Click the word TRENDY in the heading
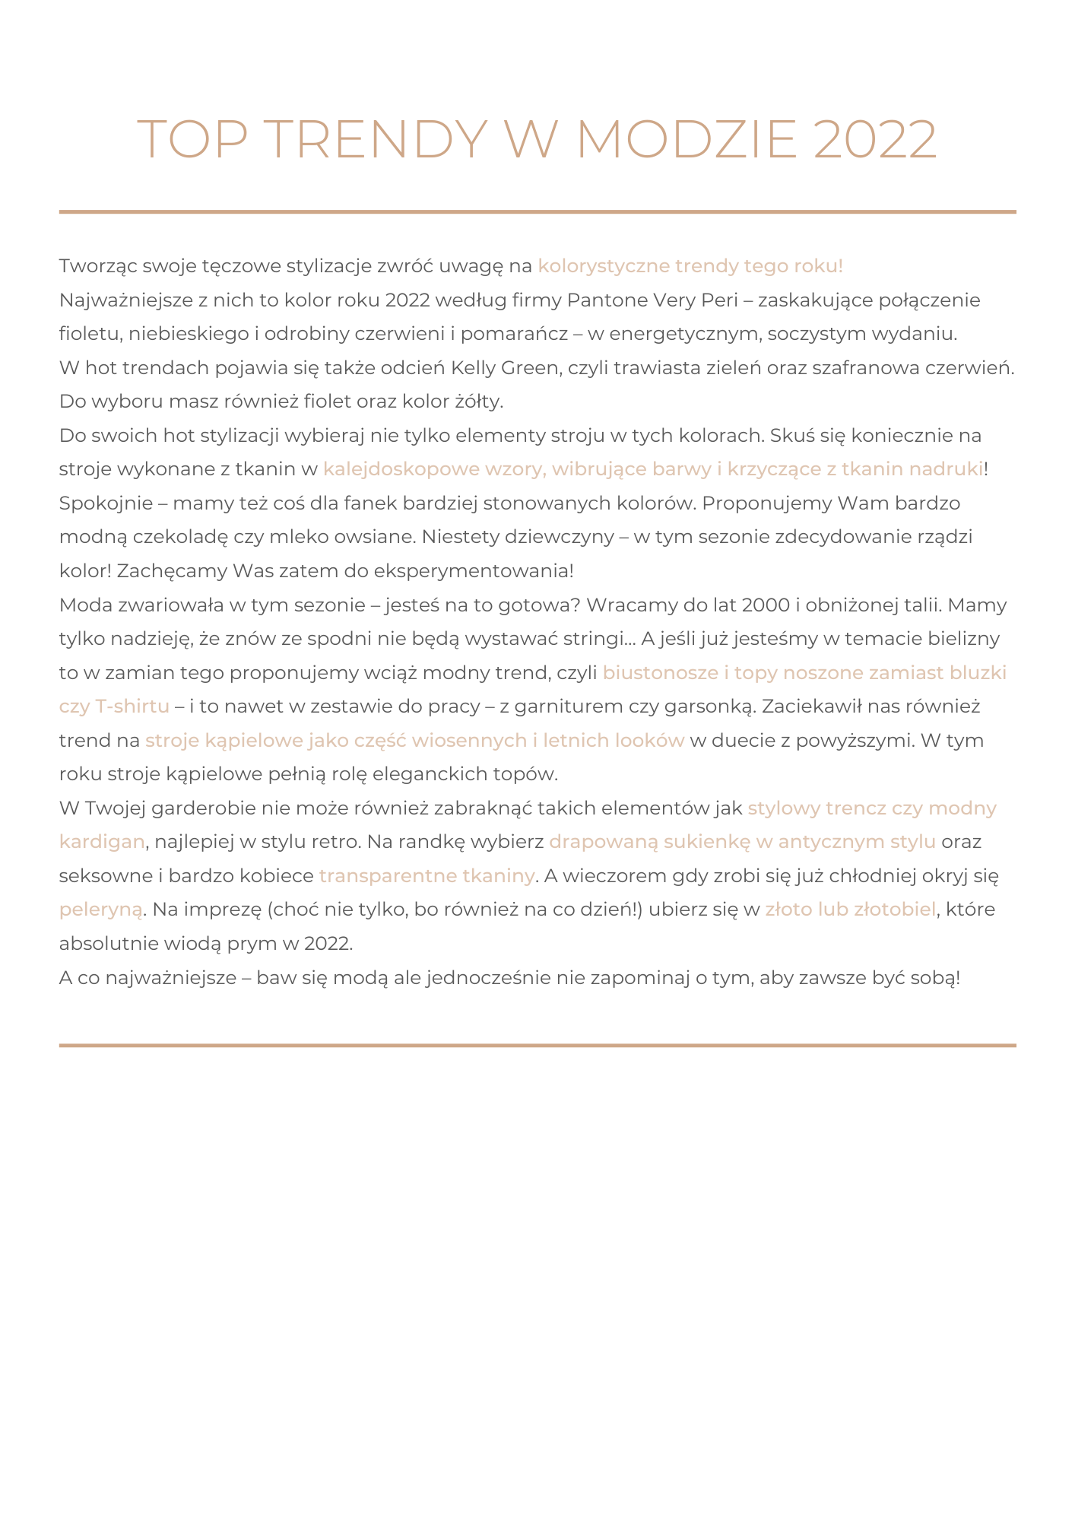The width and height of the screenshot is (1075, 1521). tap(377, 140)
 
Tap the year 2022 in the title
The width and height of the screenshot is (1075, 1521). tap(874, 140)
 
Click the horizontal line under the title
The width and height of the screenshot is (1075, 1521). tap(537, 211)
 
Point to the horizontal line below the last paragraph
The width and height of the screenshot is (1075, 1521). tap(537, 1045)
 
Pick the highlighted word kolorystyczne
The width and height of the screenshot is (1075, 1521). tap(604, 266)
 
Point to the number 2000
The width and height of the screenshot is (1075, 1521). tap(765, 605)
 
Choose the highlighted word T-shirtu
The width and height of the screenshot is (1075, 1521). tap(132, 707)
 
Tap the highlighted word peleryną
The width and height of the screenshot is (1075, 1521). tap(100, 910)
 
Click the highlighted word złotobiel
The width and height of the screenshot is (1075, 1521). tap(894, 910)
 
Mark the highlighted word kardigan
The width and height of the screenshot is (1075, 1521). tap(102, 842)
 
